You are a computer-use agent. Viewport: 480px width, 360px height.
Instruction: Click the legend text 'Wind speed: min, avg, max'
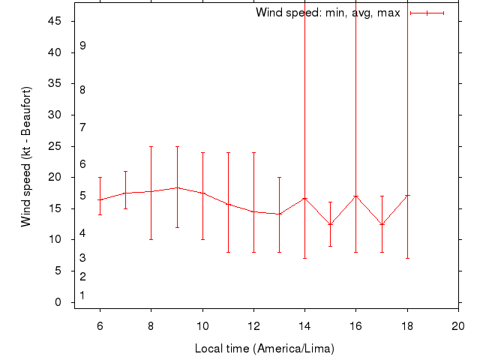(x=328, y=13)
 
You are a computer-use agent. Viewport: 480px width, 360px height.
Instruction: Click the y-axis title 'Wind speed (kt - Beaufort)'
(x=25, y=156)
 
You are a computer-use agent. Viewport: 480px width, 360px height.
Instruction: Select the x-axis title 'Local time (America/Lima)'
(x=264, y=349)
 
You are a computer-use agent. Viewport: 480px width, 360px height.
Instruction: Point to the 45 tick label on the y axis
(x=55, y=21)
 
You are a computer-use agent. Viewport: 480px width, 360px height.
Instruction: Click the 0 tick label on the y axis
(x=58, y=302)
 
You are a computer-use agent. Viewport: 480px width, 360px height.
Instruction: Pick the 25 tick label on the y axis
(x=55, y=146)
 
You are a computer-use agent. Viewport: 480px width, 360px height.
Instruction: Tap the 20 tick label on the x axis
(x=458, y=326)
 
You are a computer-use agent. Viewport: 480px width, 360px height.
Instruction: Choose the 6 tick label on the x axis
(x=100, y=326)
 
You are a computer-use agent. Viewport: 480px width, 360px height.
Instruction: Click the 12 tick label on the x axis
(x=253, y=326)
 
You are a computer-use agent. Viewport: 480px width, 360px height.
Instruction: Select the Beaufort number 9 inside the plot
(x=82, y=46)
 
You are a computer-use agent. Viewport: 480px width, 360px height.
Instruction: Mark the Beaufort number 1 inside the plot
(x=82, y=295)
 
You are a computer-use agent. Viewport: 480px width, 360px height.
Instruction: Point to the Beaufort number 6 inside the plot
(x=82, y=164)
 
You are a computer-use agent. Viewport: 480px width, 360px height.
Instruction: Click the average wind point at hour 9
(x=177, y=187)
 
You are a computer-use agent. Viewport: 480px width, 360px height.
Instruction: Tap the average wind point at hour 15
(x=331, y=224)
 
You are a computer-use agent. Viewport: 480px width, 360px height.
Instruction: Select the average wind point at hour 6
(x=100, y=199)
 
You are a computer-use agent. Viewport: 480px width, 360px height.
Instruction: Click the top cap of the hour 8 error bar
(x=151, y=146)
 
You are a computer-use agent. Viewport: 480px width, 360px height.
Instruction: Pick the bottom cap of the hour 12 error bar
(x=253, y=252)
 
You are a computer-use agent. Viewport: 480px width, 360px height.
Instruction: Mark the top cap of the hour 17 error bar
(x=382, y=196)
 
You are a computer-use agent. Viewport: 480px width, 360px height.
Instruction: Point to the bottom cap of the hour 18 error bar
(x=407, y=258)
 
